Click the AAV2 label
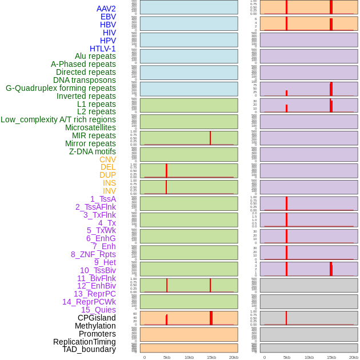106,9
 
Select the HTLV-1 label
103,49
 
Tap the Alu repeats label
95,56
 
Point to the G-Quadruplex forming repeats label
61,88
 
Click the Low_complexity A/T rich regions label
58,119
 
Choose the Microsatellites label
90,127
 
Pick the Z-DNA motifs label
93,151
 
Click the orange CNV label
107,159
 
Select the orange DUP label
107,175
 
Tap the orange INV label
109,191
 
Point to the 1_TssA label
103,199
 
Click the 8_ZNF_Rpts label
93,254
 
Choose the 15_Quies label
98,310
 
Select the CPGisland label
97,318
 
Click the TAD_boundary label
89,349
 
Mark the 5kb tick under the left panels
167,357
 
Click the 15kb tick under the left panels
211,357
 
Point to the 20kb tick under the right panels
354,357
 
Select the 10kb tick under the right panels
309,357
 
